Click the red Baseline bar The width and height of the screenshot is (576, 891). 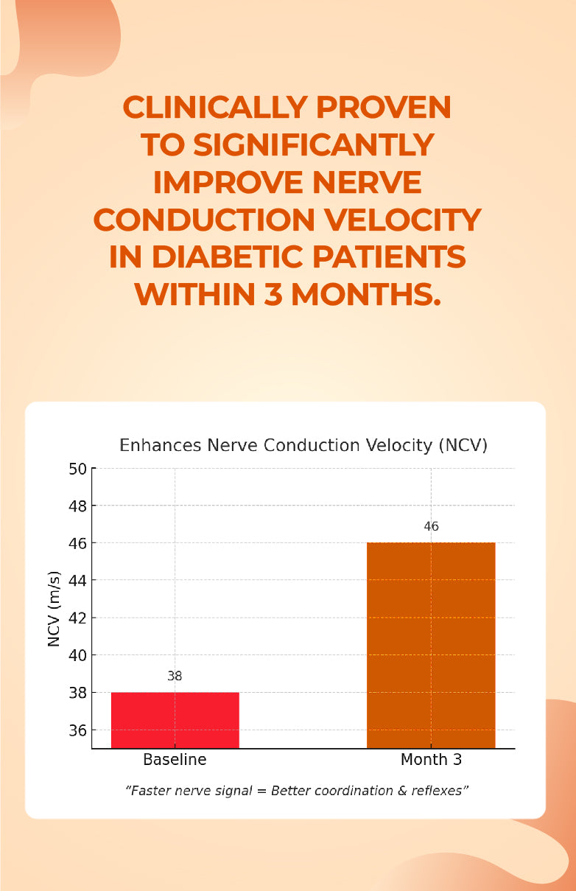(175, 720)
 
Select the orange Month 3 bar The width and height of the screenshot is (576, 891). (431, 645)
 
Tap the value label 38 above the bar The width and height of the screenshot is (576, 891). (175, 676)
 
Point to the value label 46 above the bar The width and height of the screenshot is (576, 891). (431, 526)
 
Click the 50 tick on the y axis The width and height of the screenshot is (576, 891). (78, 469)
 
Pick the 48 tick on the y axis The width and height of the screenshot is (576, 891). (78, 506)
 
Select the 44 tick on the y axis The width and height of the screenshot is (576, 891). (78, 581)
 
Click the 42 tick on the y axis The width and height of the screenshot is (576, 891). (78, 618)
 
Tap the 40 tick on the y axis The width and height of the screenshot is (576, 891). (78, 656)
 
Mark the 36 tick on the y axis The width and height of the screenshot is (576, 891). (78, 730)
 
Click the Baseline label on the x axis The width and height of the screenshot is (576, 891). (175, 760)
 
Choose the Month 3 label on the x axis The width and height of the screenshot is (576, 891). (431, 760)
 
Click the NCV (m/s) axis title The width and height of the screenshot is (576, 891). (54, 609)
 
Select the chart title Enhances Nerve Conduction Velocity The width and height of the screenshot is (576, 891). (303, 445)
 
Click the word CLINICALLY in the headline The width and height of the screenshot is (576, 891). (214, 108)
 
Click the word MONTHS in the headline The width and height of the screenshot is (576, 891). (365, 295)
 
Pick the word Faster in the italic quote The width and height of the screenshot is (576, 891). (152, 791)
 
